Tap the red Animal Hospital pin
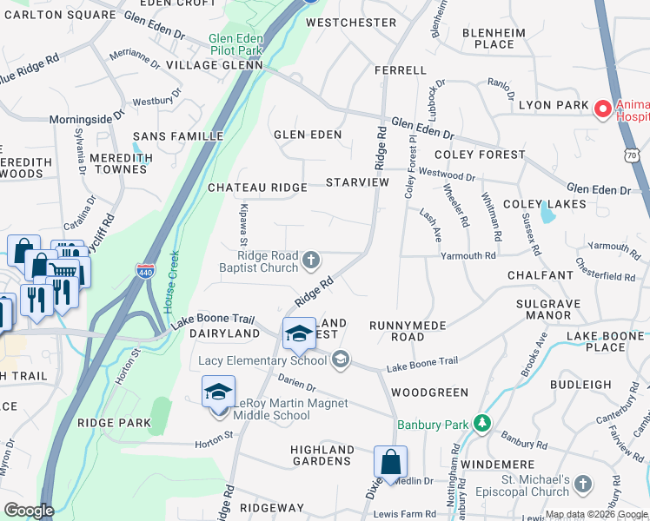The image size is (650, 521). tap(601, 110)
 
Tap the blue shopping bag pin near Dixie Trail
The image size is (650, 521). tap(390, 461)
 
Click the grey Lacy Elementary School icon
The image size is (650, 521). tap(341, 359)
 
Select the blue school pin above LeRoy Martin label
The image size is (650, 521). tap(218, 392)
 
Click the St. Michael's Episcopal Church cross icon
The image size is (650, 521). tap(582, 482)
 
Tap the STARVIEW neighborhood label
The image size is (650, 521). tap(357, 182)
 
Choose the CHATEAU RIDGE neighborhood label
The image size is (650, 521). tap(257, 188)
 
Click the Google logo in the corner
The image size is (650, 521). tap(29, 510)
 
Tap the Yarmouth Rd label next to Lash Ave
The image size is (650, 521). tap(468, 256)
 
